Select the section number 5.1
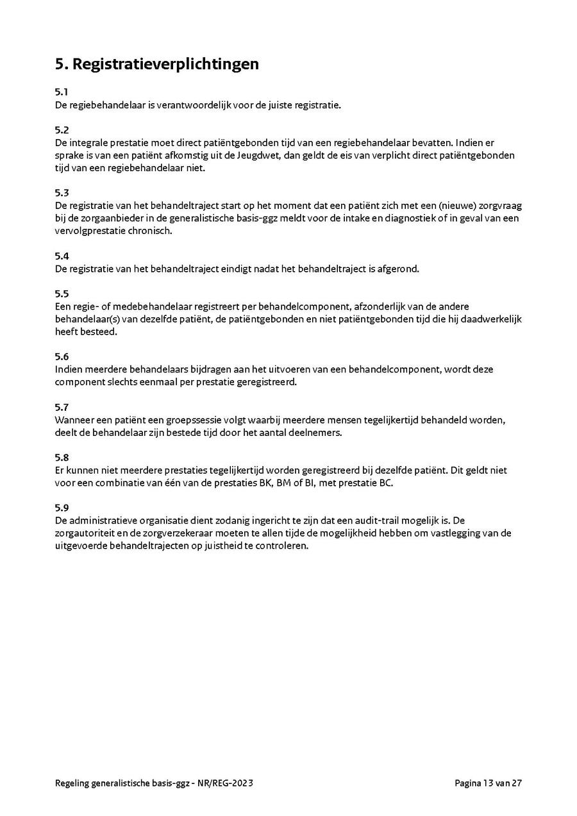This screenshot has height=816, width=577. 62,92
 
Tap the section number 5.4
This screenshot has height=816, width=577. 62,256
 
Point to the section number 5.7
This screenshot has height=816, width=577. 62,407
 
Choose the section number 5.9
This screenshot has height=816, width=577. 62,508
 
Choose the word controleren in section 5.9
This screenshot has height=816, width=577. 282,546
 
